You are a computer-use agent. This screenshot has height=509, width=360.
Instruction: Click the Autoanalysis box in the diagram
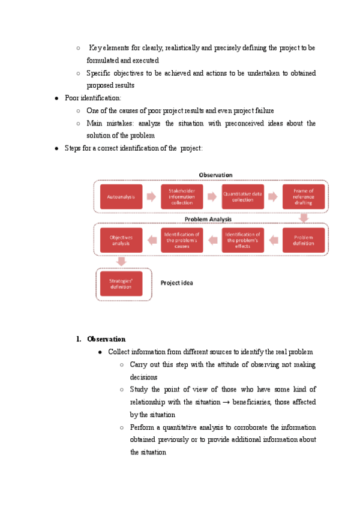coord(121,196)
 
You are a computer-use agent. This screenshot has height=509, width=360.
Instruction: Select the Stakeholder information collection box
coord(182,196)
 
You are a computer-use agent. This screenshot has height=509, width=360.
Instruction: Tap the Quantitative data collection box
coord(243,196)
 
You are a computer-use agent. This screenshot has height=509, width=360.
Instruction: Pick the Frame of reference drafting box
coord(304,196)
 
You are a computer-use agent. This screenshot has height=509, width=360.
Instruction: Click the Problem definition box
coord(304,240)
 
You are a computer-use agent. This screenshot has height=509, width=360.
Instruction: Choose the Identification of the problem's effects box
coord(243,240)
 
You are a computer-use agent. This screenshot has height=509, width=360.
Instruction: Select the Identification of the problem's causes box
coord(182,240)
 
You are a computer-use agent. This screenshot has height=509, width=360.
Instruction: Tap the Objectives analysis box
coord(121,240)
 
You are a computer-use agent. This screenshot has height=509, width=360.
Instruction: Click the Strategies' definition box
coord(121,283)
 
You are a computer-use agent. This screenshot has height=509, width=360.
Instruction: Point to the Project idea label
coord(176,282)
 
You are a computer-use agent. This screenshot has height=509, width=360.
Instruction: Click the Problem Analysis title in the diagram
coord(208,219)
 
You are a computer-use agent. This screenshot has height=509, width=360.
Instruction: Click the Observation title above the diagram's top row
coord(215,175)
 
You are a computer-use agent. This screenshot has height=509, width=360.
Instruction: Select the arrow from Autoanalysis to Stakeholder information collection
coord(151,196)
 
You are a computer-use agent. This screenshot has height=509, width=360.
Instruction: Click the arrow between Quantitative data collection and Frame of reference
coord(273,196)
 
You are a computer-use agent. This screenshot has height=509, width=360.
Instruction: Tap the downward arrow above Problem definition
coord(304,218)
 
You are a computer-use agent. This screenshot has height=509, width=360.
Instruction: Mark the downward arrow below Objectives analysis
coord(121,261)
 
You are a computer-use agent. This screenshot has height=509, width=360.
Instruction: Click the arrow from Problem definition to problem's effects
coord(273,240)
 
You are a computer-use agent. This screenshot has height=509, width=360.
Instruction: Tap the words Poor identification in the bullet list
coord(92,97)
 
